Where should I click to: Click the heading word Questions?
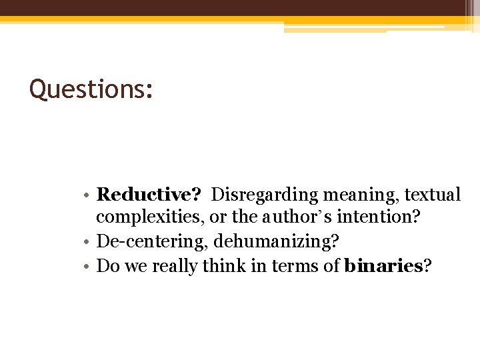coord(91,89)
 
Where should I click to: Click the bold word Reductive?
coord(149,195)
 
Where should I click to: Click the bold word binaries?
coord(383,266)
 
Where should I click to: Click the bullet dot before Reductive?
coord(89,196)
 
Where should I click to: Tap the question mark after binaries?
coord(427,266)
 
